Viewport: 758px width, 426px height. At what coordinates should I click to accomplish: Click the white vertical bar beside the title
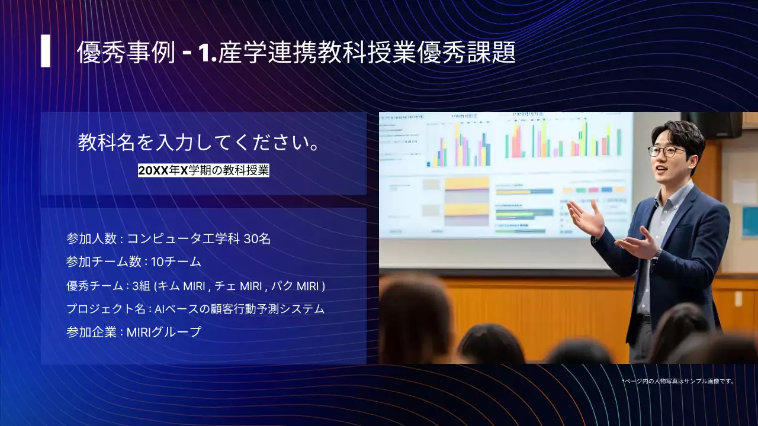tap(46, 51)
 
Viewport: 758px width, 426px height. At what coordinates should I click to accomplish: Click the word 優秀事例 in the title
tap(126, 53)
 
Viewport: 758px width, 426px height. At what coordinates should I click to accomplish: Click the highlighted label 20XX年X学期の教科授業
tap(204, 171)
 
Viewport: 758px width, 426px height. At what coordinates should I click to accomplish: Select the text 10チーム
tap(176, 262)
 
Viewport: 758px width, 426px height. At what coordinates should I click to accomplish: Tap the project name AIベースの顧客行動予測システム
tap(240, 309)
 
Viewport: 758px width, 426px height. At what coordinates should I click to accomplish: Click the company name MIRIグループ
tap(164, 332)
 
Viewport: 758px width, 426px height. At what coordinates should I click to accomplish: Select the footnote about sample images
tap(678, 382)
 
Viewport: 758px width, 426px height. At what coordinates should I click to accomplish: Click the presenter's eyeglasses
tap(666, 151)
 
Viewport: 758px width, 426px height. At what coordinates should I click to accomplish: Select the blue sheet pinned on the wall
tap(750, 222)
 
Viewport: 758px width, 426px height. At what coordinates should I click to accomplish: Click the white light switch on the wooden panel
tap(738, 299)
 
